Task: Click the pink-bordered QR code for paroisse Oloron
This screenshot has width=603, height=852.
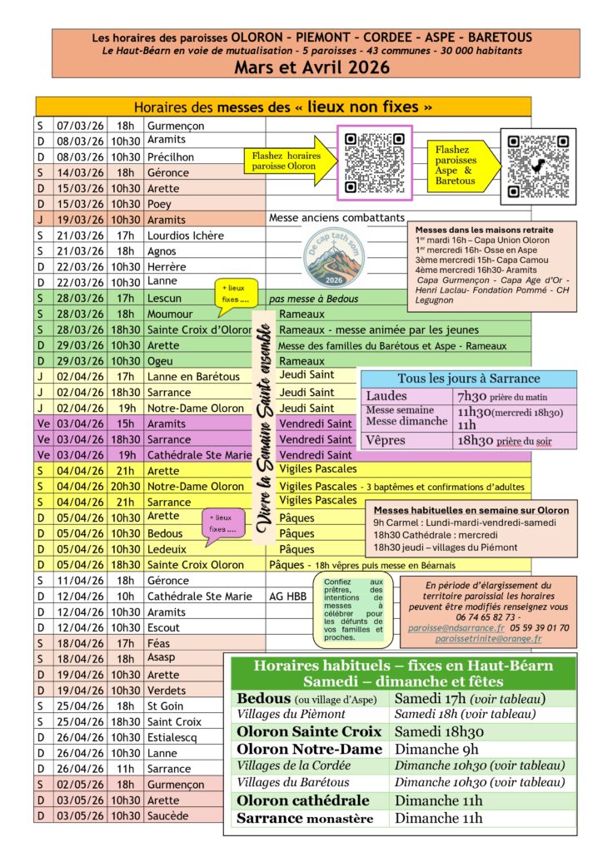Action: click(x=374, y=162)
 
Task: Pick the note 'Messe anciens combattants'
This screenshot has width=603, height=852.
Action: click(x=336, y=218)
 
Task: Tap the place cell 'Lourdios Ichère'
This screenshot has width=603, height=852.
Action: click(x=185, y=235)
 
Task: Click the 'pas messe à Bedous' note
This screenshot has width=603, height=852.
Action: click(x=312, y=298)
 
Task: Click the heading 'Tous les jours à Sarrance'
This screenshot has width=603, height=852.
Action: click(x=468, y=379)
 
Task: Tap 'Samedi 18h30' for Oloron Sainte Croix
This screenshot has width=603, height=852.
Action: click(x=438, y=731)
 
